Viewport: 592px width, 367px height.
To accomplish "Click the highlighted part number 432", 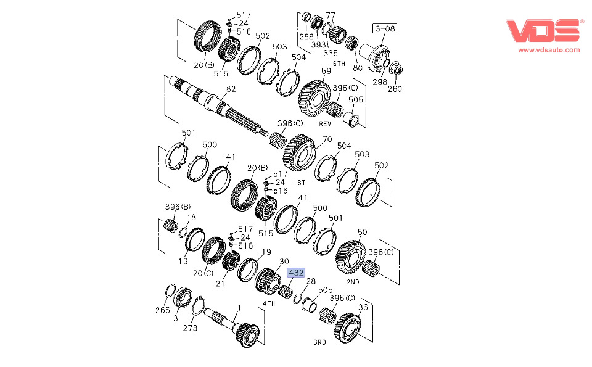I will [297, 272].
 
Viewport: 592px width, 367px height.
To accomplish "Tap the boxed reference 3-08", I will [384, 28].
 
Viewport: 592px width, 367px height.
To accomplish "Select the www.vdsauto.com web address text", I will [549, 50].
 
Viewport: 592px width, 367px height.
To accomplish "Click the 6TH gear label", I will [339, 64].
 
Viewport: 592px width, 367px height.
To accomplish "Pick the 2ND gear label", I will [353, 281].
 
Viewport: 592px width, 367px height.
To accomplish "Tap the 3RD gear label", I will [320, 340].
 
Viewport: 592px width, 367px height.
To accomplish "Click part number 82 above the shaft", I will [231, 89].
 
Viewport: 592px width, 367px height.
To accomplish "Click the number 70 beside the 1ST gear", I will [327, 139].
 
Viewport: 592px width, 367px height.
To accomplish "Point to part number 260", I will [394, 89].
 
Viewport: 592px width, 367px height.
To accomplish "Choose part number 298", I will [379, 82].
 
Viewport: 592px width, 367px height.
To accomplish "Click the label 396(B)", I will [178, 206].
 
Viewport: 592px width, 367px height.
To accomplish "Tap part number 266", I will [162, 311].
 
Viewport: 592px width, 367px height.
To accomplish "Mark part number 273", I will [190, 328].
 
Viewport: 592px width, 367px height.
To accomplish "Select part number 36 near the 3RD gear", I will [363, 307].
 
